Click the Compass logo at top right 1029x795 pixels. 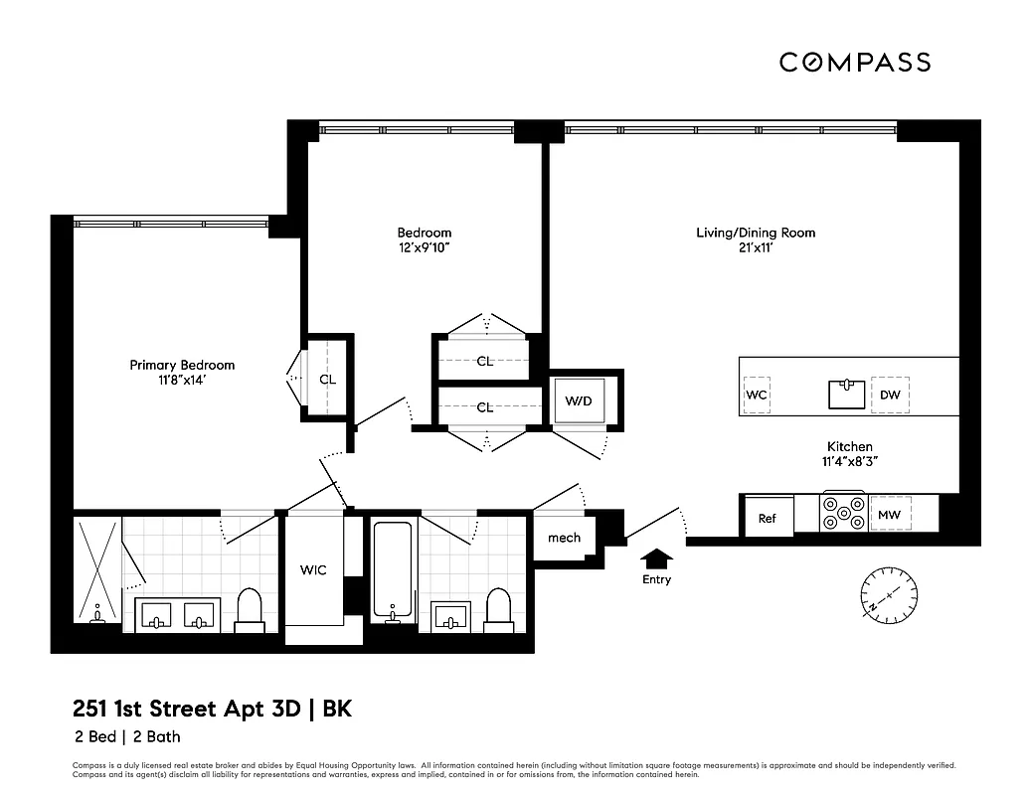click(855, 62)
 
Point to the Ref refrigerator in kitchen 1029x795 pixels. click(768, 518)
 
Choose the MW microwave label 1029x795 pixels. click(888, 515)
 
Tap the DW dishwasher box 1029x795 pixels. click(890, 395)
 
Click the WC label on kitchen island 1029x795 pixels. click(757, 395)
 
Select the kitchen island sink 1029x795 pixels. click(848, 394)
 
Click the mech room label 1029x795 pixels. click(564, 538)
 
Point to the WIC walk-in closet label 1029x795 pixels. click(314, 569)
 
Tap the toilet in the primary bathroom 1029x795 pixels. click(249, 610)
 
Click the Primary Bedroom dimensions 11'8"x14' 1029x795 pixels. click(182, 381)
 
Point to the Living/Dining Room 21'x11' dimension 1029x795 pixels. click(755, 248)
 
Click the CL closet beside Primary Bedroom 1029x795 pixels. click(327, 379)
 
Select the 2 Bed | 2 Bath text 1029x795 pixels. click(126, 736)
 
